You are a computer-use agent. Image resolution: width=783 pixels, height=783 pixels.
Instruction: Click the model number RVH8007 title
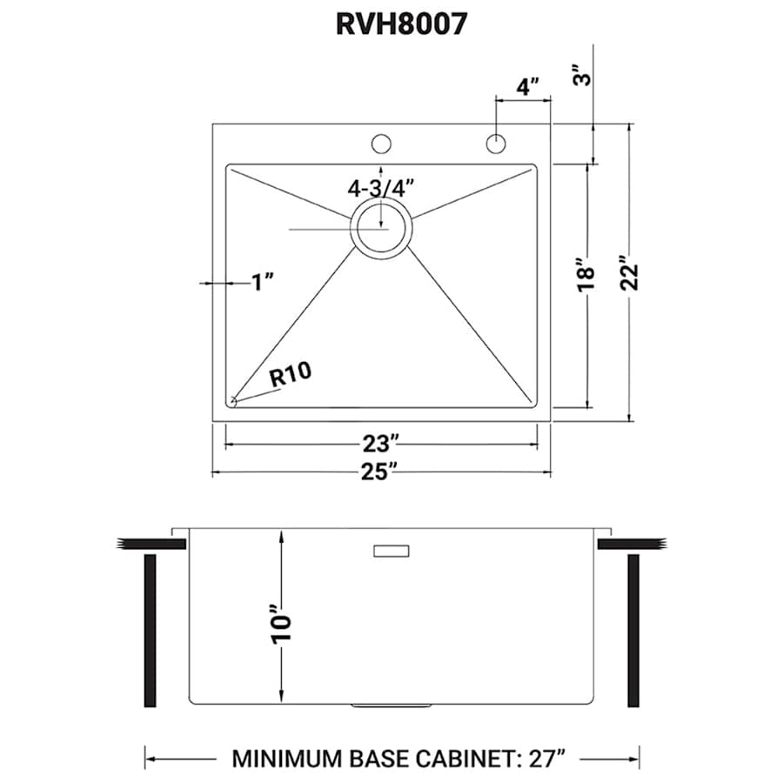(x=401, y=23)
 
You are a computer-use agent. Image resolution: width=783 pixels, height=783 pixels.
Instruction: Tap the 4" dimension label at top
(x=526, y=87)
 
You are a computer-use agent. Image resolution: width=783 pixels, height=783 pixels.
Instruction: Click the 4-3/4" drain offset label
(x=381, y=187)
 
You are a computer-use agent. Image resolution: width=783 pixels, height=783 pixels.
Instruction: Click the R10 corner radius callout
(x=291, y=375)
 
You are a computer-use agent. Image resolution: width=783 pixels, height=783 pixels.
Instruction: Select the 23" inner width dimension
(x=381, y=444)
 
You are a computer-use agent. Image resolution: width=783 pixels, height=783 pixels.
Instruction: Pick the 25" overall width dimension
(x=381, y=472)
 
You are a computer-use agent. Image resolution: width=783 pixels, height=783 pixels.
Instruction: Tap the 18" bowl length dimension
(x=586, y=273)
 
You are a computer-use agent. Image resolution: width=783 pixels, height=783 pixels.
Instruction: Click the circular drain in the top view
(x=381, y=228)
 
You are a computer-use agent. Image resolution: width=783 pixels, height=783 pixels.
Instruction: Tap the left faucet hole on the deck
(x=381, y=143)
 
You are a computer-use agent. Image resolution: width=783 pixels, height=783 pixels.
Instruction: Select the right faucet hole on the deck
(x=496, y=143)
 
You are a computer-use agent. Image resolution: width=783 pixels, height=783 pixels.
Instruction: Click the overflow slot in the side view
(x=391, y=550)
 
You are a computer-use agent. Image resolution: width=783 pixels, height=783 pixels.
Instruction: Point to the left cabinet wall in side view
(x=150, y=630)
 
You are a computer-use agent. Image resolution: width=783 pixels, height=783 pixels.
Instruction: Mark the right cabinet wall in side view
(x=633, y=630)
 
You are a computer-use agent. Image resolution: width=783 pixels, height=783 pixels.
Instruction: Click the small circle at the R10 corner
(x=234, y=400)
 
